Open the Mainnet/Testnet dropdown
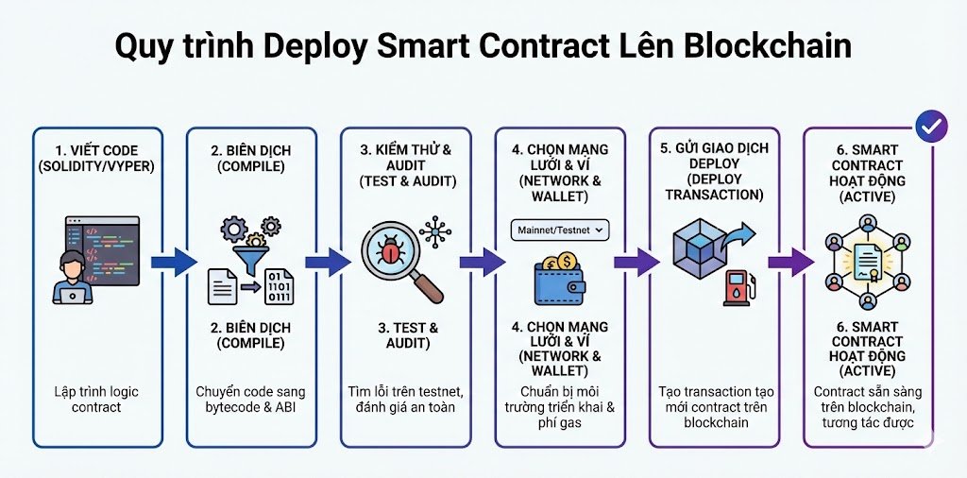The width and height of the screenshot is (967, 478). pyautogui.click(x=560, y=229)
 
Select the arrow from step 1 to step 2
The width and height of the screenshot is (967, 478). pyautogui.click(x=171, y=262)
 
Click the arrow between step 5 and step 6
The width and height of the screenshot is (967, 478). pyautogui.click(x=789, y=262)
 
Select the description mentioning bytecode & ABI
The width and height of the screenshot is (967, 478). pyautogui.click(x=250, y=399)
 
